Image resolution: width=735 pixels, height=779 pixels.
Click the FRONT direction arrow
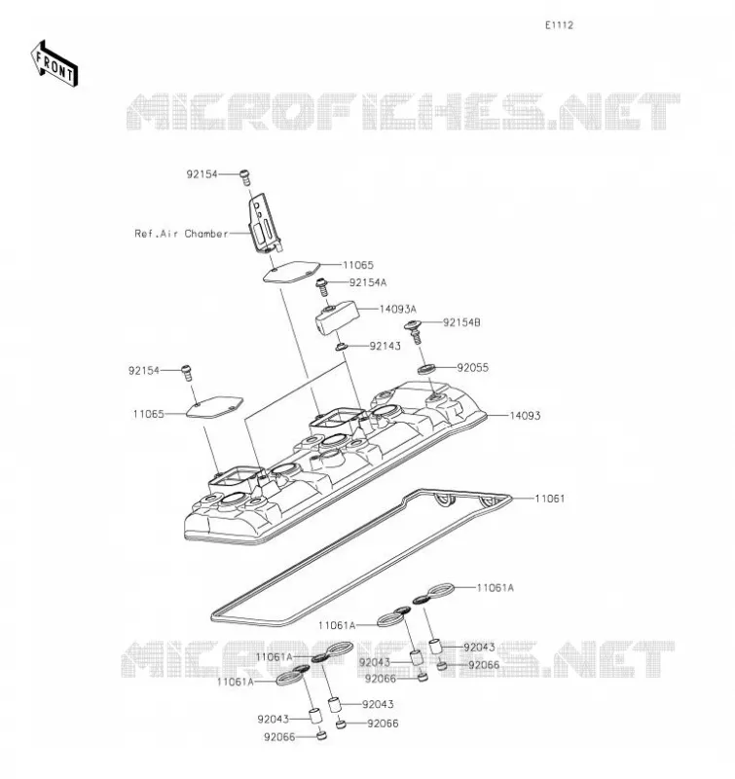tap(55, 64)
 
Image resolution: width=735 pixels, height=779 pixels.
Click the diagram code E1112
tap(559, 25)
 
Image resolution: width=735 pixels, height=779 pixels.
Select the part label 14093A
tap(398, 309)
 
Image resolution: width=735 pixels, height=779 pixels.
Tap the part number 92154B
tap(461, 322)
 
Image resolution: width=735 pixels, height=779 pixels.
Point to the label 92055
tap(473, 368)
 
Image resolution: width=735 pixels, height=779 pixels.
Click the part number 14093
tap(525, 416)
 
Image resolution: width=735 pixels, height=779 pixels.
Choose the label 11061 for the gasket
tap(550, 499)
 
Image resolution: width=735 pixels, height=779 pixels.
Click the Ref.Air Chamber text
tap(181, 234)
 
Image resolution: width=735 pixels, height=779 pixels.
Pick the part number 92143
tap(385, 346)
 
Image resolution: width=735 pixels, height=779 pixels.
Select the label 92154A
tap(368, 282)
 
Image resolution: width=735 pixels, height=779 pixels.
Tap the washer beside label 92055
tap(426, 369)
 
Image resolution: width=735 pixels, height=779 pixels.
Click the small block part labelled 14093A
tap(337, 318)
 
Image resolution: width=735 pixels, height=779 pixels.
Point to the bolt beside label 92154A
tap(322, 285)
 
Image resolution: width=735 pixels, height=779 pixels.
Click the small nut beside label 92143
tap(342, 347)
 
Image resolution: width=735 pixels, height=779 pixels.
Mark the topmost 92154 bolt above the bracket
tap(244, 177)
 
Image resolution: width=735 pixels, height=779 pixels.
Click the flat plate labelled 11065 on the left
tap(214, 407)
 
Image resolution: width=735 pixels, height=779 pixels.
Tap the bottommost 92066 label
tap(279, 737)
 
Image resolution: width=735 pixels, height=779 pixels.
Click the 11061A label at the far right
tap(496, 588)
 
